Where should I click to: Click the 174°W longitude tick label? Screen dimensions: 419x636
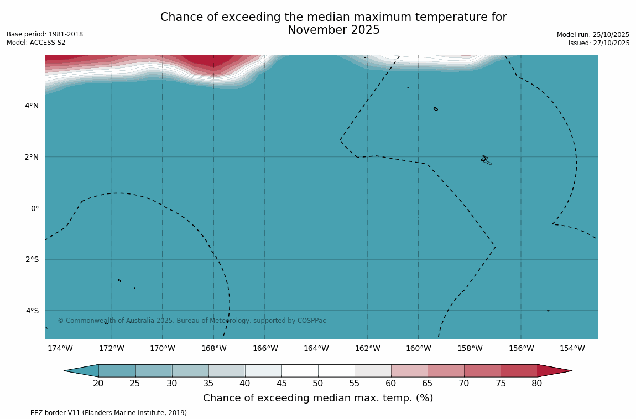click(x=60, y=348)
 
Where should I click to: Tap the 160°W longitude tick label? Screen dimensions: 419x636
click(x=419, y=348)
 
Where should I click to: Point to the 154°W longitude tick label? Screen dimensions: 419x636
click(x=572, y=348)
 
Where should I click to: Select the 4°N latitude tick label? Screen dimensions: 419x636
click(x=32, y=106)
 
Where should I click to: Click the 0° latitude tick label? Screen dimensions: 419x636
click(x=35, y=208)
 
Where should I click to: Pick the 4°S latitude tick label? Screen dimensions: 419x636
click(x=32, y=311)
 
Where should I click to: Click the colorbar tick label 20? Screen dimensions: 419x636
click(x=98, y=383)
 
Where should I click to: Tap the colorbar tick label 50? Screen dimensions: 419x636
click(x=318, y=383)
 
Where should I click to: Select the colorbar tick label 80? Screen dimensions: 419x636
click(x=537, y=383)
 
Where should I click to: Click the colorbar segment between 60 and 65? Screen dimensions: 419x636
click(x=409, y=370)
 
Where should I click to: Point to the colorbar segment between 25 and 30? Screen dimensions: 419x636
click(x=154, y=370)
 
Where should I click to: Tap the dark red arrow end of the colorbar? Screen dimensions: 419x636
click(x=553, y=370)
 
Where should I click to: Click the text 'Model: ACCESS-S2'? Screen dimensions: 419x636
click(x=36, y=43)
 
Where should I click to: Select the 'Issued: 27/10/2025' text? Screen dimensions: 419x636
click(x=599, y=43)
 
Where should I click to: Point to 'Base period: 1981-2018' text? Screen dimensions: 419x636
click(x=45, y=34)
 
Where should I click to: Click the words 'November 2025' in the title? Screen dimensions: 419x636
click(x=333, y=30)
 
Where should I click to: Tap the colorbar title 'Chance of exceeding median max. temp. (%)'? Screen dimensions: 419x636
click(x=318, y=398)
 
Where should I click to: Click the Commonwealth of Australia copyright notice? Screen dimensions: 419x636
click(x=192, y=321)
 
